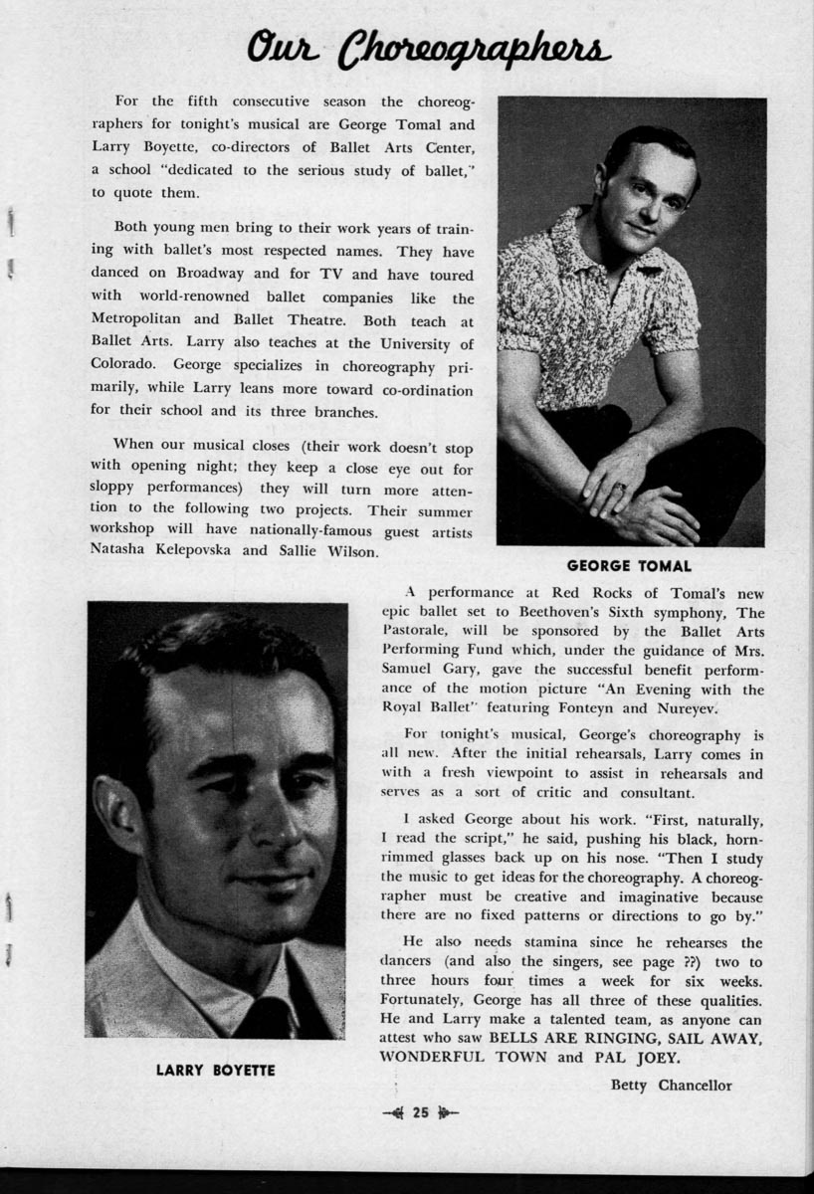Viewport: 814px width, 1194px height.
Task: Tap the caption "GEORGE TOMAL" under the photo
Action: coord(629,566)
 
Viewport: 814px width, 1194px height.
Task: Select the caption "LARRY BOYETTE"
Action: coord(215,1070)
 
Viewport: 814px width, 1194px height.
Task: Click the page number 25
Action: coord(420,1113)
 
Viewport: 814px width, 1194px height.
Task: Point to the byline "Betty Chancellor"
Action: coord(671,1085)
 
